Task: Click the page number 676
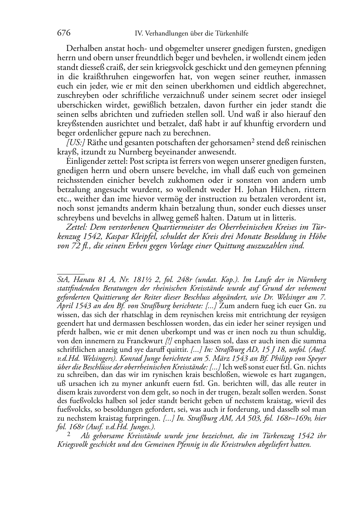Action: coord(63,33)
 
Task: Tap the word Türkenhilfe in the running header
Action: coord(232,34)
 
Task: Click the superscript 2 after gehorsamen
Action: coord(252,141)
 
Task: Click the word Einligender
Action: coord(85,161)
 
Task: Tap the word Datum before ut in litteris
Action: coord(230,217)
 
